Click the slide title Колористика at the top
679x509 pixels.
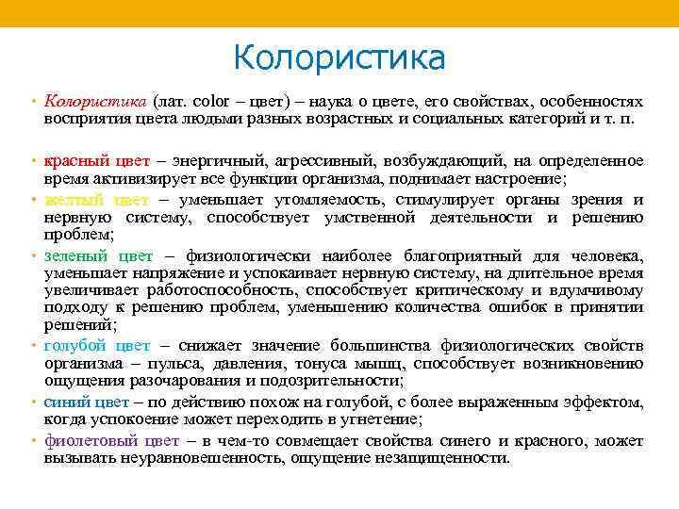[339, 57]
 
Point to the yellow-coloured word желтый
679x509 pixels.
[73, 200]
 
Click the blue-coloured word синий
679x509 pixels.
[66, 402]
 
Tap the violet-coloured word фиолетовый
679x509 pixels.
[90, 441]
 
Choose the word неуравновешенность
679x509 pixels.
[178, 458]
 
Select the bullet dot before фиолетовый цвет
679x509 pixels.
[33, 441]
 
